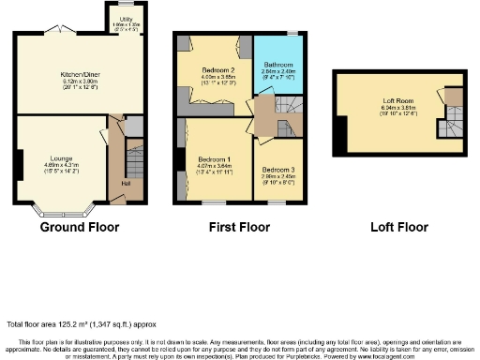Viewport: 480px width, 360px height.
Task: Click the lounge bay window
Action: coord(59,207)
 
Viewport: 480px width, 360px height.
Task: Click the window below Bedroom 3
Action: coord(278,201)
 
